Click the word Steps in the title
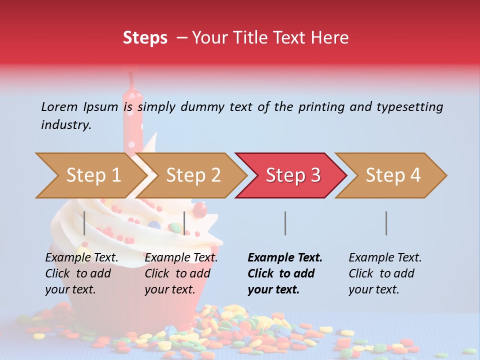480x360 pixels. pyautogui.click(x=145, y=38)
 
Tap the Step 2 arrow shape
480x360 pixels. pyautogui.click(x=193, y=175)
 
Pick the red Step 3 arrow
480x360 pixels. pyautogui.click(x=292, y=175)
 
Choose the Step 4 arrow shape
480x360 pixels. pyautogui.click(x=393, y=175)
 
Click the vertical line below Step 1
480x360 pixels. pyautogui.click(x=84, y=223)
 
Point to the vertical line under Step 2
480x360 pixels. pyautogui.click(x=184, y=223)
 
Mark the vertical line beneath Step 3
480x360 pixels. pyautogui.click(x=285, y=223)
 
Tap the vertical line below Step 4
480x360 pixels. pyautogui.click(x=386, y=223)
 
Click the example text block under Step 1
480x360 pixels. pyautogui.click(x=81, y=273)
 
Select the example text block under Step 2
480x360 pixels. pyautogui.click(x=181, y=273)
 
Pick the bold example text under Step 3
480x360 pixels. pyautogui.click(x=285, y=273)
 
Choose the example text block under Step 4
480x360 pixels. pyautogui.click(x=385, y=273)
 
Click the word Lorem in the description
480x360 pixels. pyautogui.click(x=59, y=106)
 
